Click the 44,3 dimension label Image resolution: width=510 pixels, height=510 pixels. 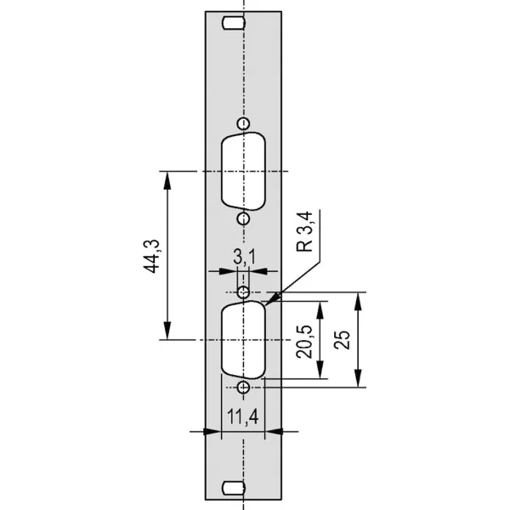click(151, 257)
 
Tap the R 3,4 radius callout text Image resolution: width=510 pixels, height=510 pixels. click(305, 231)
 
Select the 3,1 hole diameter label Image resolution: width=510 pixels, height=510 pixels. click(245, 257)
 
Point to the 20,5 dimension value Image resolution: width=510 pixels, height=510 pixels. click(303, 342)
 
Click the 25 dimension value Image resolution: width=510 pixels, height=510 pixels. click(342, 340)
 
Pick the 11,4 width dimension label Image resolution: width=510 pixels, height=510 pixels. click(243, 416)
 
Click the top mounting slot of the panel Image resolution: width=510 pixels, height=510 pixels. click(234, 24)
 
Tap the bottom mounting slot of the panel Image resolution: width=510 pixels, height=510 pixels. click(234, 488)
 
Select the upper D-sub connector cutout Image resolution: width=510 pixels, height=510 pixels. click(244, 171)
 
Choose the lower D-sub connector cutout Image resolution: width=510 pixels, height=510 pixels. click(244, 340)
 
